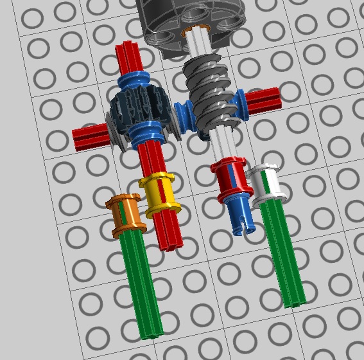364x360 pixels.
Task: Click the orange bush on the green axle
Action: pyautogui.click(x=125, y=214)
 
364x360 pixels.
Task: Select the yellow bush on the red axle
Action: pyautogui.click(x=159, y=195)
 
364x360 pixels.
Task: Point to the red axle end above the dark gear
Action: pyautogui.click(x=126, y=58)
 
